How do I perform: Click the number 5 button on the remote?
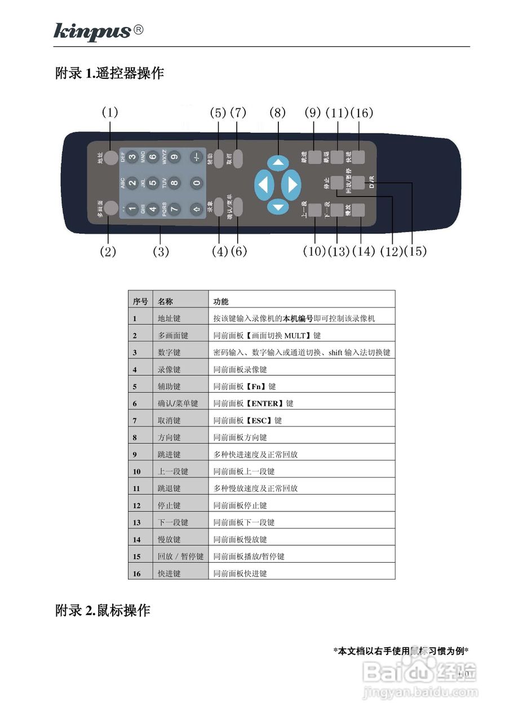tap(153, 183)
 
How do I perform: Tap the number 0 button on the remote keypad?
tap(196, 183)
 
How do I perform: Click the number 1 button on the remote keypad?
tap(132, 208)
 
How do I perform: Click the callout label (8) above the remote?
tap(277, 112)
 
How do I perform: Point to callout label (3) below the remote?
tap(161, 251)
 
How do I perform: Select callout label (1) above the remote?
tap(110, 112)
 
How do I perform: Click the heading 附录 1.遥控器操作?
tap(109, 73)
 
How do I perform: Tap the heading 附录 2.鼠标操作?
tap(103, 610)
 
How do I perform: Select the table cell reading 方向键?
tap(169, 437)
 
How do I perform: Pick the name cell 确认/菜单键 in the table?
tap(178, 403)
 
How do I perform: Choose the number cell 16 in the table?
tap(136, 573)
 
